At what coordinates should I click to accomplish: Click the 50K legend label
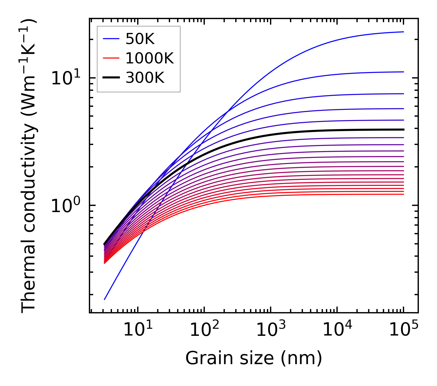pos(140,39)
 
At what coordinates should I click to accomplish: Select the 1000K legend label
pos(149,58)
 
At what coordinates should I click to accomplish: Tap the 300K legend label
pos(145,78)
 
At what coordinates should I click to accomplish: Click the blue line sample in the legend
pos(111,39)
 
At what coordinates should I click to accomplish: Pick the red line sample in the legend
pos(111,58)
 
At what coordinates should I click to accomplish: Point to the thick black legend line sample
pos(111,78)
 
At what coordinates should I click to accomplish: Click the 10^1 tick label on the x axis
pos(137,330)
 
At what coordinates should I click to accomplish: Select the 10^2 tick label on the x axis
pos(204,330)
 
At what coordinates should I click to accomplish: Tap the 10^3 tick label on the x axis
pos(270,330)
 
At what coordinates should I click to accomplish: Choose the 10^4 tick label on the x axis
pos(337,330)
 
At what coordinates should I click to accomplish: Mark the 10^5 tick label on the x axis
pos(403,330)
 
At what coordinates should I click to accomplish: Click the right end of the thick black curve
pos(403,130)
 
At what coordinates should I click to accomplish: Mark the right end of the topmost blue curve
pos(403,32)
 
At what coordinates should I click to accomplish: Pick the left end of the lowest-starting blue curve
pos(105,299)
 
